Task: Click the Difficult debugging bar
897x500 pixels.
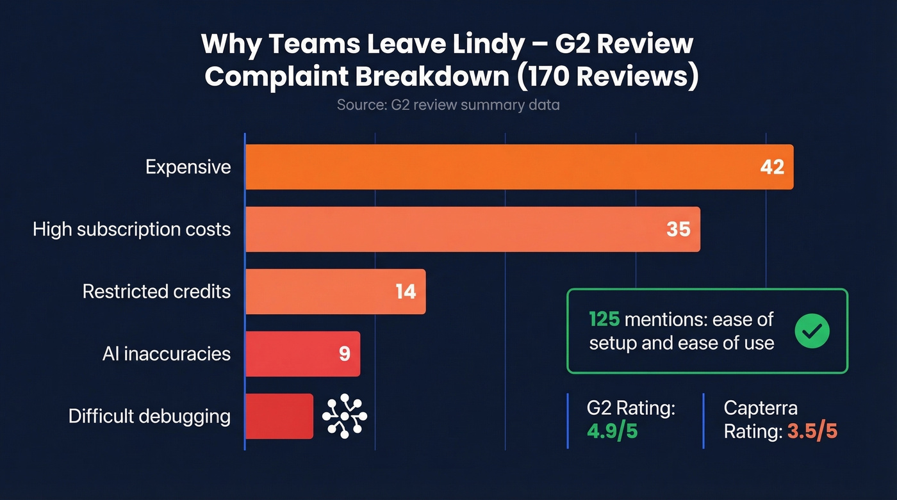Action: click(x=279, y=416)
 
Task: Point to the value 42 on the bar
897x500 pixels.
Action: click(x=772, y=167)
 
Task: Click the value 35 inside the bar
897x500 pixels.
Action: click(x=679, y=229)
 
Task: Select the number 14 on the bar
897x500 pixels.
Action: click(x=406, y=292)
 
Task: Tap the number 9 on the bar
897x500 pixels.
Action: click(x=345, y=354)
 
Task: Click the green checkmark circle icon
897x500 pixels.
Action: click(x=812, y=331)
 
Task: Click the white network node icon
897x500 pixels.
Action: click(x=345, y=416)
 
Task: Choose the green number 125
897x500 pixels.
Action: click(x=604, y=319)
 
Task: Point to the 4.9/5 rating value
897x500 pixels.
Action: click(x=612, y=431)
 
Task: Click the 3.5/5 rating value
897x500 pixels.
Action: click(x=812, y=431)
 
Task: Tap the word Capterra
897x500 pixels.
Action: click(x=761, y=408)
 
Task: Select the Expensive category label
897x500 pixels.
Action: click(x=188, y=167)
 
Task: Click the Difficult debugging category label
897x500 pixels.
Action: click(x=149, y=416)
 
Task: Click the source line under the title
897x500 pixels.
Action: click(x=448, y=104)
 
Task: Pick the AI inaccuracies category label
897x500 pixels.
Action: click(x=166, y=354)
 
